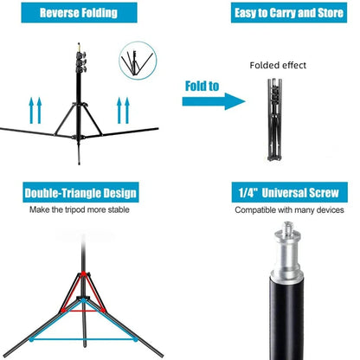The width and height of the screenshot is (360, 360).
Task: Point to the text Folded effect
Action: [278, 65]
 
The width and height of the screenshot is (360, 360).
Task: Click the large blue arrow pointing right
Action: [212, 100]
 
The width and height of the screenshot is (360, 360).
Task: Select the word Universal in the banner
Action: [285, 193]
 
